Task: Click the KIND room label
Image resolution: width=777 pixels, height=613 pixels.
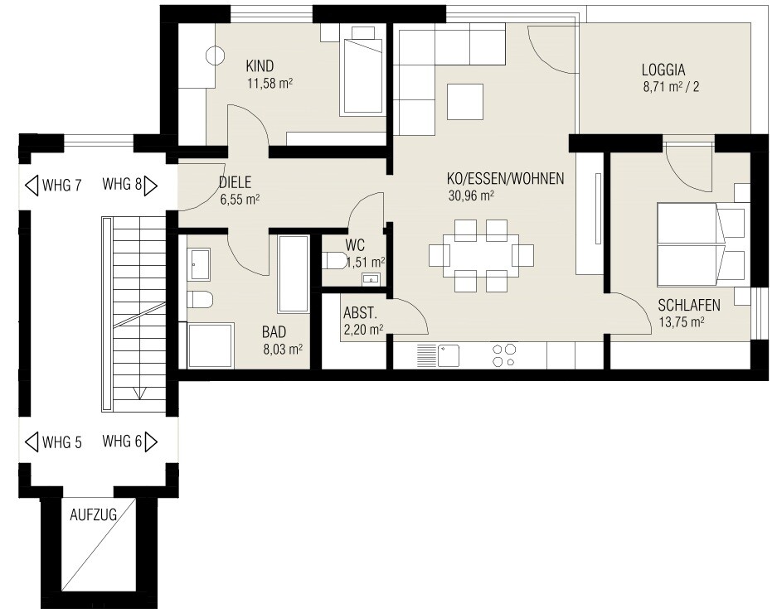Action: (x=260, y=65)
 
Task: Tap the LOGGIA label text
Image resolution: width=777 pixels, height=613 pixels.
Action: (x=663, y=70)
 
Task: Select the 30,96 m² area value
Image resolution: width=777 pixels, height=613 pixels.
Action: (x=471, y=195)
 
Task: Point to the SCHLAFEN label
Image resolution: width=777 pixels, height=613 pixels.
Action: (x=689, y=305)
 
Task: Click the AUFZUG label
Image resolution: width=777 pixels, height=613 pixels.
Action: (x=93, y=515)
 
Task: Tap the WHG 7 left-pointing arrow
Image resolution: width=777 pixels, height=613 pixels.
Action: (x=32, y=186)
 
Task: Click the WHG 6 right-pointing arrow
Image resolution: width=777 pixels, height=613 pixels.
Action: (x=151, y=442)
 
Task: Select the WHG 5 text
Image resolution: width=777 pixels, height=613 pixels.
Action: (x=62, y=442)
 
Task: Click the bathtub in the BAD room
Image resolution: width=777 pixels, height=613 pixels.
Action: (x=294, y=274)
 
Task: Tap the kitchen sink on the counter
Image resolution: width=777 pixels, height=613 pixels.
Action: (x=438, y=356)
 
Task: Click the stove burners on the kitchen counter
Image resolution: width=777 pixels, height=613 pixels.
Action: (x=504, y=355)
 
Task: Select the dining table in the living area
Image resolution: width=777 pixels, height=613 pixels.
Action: (x=481, y=255)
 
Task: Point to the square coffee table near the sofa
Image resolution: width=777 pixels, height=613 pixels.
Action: (x=465, y=102)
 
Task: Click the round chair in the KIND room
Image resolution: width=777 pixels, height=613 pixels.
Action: (x=216, y=55)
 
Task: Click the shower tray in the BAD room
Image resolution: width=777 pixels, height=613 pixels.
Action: (x=211, y=345)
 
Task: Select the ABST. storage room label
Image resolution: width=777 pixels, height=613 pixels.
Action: (x=360, y=313)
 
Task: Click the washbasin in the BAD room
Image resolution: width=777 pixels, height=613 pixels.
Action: (x=200, y=264)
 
